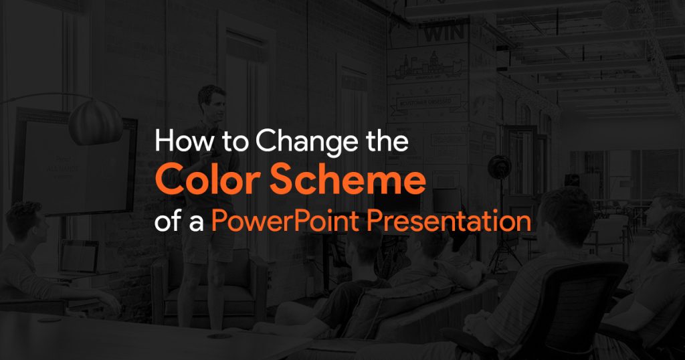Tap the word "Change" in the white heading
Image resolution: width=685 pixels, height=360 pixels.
click(x=303, y=143)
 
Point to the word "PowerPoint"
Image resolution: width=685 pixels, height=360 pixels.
click(x=286, y=220)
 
